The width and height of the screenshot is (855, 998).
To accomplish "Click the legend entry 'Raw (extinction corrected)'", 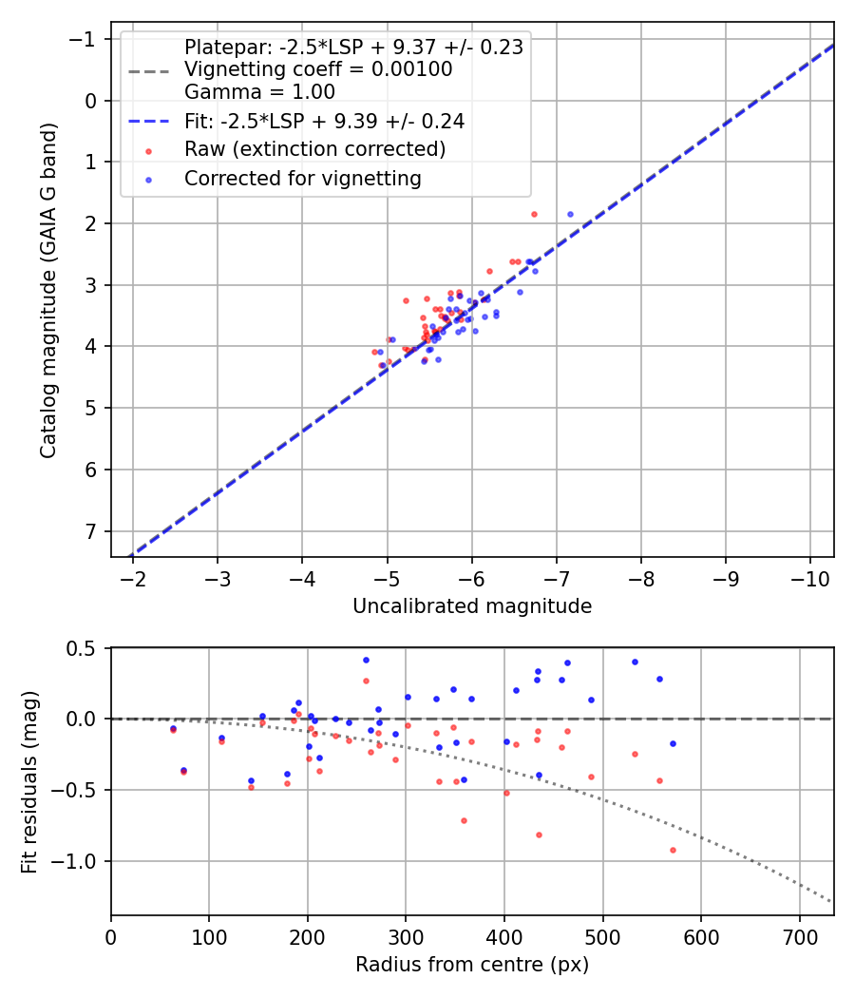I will [x=314, y=149].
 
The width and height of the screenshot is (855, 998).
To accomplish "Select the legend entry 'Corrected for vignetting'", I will [x=302, y=178].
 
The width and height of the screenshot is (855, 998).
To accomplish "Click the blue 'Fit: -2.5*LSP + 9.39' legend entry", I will [x=324, y=122].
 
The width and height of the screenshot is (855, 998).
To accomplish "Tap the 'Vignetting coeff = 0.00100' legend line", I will [x=318, y=69].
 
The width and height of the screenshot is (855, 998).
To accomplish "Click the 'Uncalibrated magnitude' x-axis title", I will [x=472, y=606].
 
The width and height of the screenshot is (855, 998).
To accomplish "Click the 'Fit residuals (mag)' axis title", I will [x=29, y=780].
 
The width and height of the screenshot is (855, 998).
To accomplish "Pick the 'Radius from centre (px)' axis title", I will [x=472, y=965].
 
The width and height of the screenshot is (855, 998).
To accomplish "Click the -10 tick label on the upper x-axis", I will [x=810, y=579].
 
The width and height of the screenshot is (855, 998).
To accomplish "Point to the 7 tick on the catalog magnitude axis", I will [x=91, y=531].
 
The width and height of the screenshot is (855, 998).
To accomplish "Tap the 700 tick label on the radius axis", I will [x=799, y=936].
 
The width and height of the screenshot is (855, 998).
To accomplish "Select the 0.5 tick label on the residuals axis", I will [x=84, y=648].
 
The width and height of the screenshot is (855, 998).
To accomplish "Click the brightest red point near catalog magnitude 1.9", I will [x=534, y=215].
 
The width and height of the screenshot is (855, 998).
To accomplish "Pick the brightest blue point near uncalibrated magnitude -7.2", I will [x=570, y=215].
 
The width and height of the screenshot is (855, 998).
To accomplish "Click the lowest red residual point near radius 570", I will [x=673, y=850].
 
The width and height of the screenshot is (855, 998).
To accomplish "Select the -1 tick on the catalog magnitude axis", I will [x=85, y=39].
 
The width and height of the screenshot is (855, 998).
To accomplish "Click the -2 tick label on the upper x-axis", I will [x=133, y=579].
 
